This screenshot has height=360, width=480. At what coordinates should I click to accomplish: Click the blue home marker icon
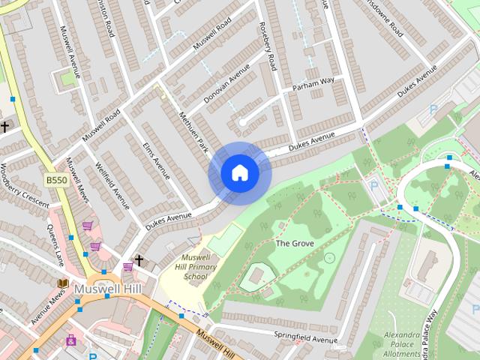point(239,173)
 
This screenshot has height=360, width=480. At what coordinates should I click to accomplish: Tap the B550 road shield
point(55,180)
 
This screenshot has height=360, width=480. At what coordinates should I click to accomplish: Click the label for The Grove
point(293,243)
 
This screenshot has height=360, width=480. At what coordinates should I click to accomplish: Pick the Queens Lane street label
point(55,248)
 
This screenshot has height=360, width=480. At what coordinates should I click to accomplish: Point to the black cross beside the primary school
point(138,260)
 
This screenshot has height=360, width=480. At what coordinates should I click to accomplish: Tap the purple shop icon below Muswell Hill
point(72,340)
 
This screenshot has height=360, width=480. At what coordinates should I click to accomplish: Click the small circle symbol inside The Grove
point(328,258)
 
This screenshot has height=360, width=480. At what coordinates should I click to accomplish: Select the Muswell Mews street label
point(76,183)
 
